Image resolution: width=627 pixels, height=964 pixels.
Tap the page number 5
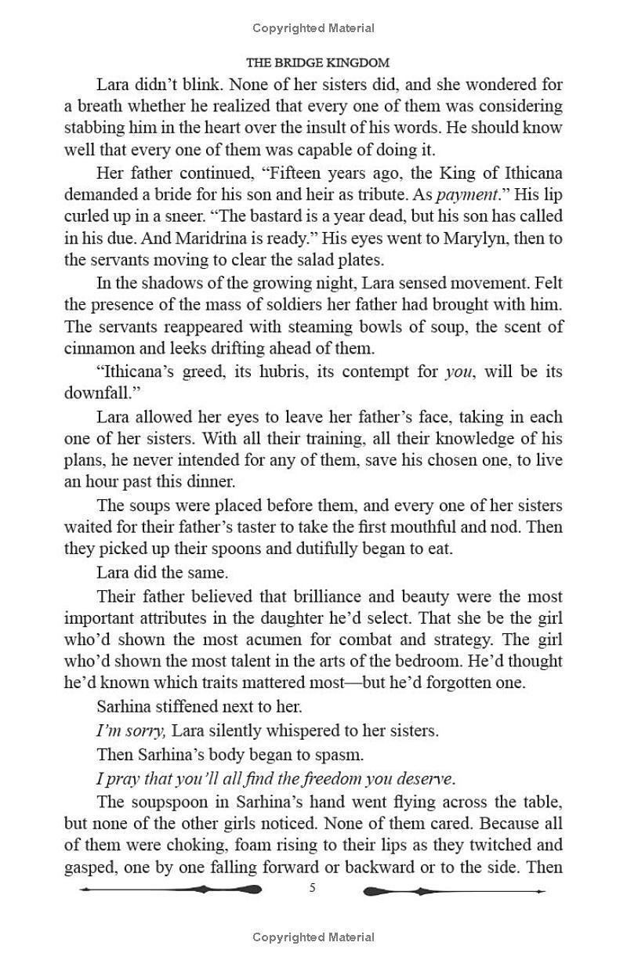point(313,888)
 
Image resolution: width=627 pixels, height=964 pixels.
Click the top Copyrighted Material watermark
point(313,28)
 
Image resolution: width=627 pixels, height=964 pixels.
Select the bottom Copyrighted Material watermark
point(313,937)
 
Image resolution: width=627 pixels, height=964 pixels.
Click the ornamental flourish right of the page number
point(455,890)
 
